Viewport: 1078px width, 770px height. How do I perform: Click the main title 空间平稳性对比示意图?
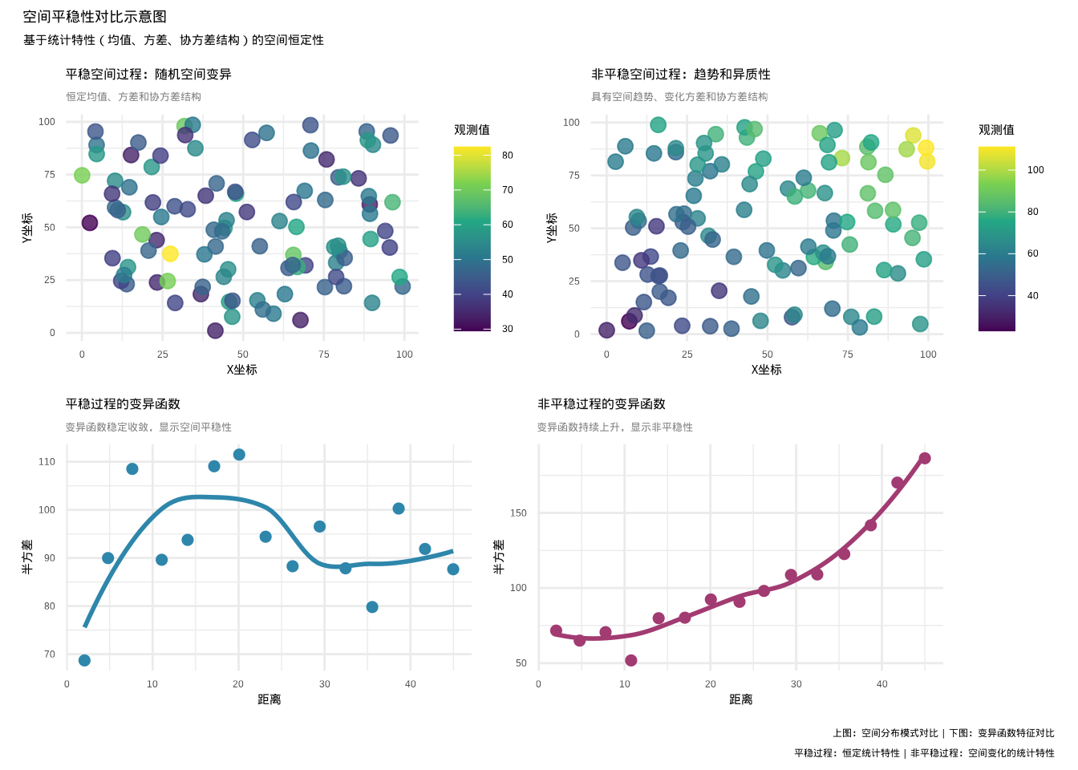pos(95,17)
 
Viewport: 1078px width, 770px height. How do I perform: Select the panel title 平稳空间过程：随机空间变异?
pos(148,75)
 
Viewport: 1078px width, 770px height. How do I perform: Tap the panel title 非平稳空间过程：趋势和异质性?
pos(681,75)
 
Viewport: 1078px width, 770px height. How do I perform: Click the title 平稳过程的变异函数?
pos(123,404)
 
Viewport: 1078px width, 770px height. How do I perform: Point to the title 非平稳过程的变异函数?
pos(602,404)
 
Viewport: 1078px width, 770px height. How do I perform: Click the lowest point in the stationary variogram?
pos(84,661)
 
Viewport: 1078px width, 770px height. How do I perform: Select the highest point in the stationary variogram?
pos(239,455)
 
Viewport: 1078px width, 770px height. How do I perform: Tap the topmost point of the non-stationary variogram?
pos(925,459)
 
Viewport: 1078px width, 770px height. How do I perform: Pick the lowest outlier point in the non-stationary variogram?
pos(631,661)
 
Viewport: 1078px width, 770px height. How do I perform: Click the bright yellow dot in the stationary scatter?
pos(170,254)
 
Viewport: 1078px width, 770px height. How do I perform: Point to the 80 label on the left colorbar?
pos(508,156)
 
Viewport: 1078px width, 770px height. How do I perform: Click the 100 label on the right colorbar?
pos(1035,170)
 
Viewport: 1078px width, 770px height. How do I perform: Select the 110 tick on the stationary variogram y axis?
pos(47,462)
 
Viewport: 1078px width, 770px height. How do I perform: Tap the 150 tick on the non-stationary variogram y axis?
pos(519,513)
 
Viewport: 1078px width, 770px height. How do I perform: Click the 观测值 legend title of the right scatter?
pos(996,130)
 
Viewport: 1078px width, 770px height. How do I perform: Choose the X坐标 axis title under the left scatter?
pos(241,370)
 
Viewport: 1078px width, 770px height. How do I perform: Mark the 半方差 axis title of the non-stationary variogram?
pos(499,557)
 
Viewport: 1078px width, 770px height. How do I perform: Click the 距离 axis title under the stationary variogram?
pos(269,700)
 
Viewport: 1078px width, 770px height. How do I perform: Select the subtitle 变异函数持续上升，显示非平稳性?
pos(615,428)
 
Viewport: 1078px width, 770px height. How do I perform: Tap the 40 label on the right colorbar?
pos(1033,296)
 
